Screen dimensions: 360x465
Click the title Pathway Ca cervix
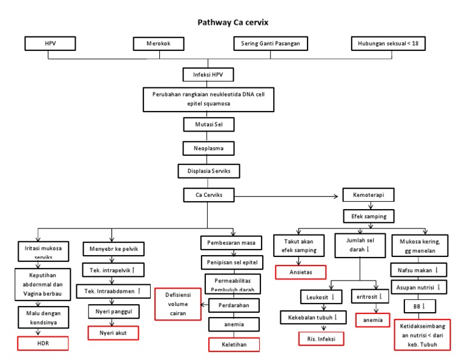[x=233, y=22]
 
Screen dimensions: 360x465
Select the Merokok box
[x=160, y=44]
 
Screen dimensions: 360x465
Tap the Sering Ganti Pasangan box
[x=271, y=44]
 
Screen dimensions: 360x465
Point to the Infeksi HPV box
[x=208, y=75]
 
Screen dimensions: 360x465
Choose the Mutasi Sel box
[x=208, y=124]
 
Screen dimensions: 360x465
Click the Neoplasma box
[x=208, y=148]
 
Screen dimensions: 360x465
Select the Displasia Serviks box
[x=208, y=171]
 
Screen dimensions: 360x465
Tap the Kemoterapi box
[x=368, y=196]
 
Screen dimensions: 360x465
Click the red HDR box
[x=42, y=344]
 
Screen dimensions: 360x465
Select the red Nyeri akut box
[x=113, y=333]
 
